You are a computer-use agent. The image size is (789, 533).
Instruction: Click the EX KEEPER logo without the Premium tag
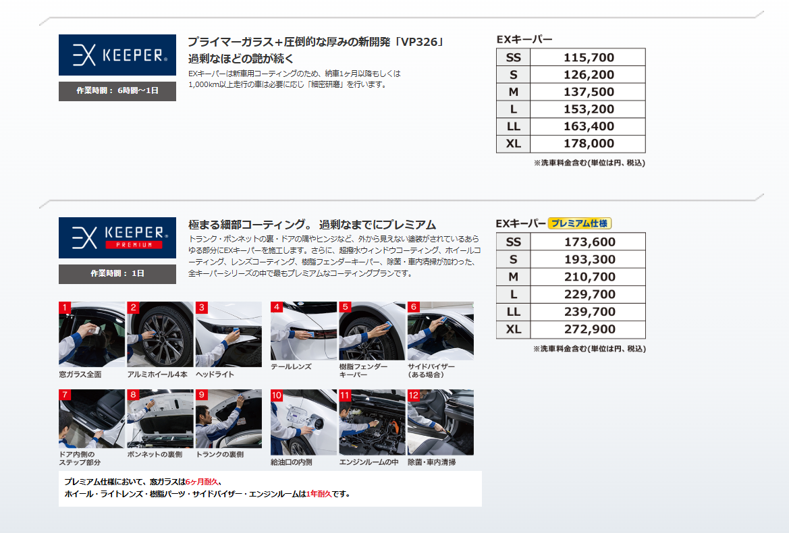coord(117,55)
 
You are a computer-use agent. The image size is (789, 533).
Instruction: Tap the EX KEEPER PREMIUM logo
coord(117,238)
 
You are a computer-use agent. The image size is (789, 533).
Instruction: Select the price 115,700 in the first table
coord(589,57)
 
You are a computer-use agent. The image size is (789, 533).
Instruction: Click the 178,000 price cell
coord(589,144)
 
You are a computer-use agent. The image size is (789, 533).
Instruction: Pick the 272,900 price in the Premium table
coord(589,329)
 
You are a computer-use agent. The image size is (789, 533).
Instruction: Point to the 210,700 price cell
coord(589,277)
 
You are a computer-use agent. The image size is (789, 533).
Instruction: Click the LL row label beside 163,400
coord(513,126)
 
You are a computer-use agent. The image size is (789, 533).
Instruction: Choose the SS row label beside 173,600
coord(513,242)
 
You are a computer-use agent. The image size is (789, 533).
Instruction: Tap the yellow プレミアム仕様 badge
coord(579,223)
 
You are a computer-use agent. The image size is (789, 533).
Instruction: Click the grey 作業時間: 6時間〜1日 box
coord(117,91)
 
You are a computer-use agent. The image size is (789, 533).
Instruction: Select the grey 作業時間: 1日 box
coord(117,274)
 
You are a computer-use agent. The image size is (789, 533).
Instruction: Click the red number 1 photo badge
coord(65,307)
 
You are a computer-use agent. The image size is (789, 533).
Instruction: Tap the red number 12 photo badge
coord(414,395)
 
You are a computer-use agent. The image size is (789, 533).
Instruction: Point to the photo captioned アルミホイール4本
coord(160,335)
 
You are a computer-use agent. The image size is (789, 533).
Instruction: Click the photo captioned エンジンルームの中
coord(372,422)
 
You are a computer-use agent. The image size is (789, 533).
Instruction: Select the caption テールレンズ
coord(291,367)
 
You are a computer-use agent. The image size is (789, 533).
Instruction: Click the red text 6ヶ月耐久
coord(202,482)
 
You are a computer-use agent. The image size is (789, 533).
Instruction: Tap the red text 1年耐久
coord(319,494)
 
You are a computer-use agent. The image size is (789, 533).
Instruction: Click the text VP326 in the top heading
coord(420,43)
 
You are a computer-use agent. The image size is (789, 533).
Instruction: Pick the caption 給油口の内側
coord(292,462)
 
